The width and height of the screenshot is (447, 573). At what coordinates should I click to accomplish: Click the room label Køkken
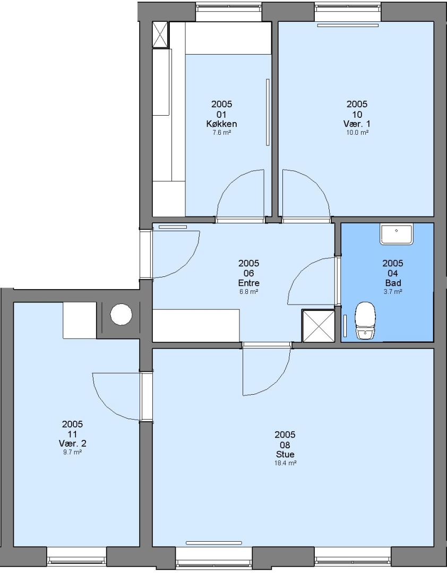pyautogui.click(x=222, y=124)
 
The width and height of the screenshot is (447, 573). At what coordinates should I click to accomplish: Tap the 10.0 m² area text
pyautogui.click(x=357, y=133)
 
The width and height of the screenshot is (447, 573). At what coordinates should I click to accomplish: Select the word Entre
pyautogui.click(x=249, y=283)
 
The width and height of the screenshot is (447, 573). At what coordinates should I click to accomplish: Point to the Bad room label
pyautogui.click(x=393, y=283)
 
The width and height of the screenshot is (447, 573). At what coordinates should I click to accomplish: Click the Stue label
pyautogui.click(x=285, y=454)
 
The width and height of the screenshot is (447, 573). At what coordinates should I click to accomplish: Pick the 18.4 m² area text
pyautogui.click(x=285, y=463)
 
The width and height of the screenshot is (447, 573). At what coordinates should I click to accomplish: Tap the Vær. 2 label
pyautogui.click(x=72, y=443)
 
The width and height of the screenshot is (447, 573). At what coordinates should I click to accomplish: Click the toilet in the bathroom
pyautogui.click(x=365, y=320)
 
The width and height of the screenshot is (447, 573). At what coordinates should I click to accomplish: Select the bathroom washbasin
pyautogui.click(x=396, y=235)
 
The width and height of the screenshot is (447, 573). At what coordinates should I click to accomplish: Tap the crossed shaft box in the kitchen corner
pyautogui.click(x=160, y=34)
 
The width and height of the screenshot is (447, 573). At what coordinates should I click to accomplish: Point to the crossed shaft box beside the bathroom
pyautogui.click(x=318, y=326)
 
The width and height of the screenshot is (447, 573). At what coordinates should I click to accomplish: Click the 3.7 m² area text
pyautogui.click(x=393, y=292)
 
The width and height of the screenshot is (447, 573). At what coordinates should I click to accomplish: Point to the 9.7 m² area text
pyautogui.click(x=72, y=452)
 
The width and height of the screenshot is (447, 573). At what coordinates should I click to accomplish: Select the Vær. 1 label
pyautogui.click(x=357, y=124)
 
